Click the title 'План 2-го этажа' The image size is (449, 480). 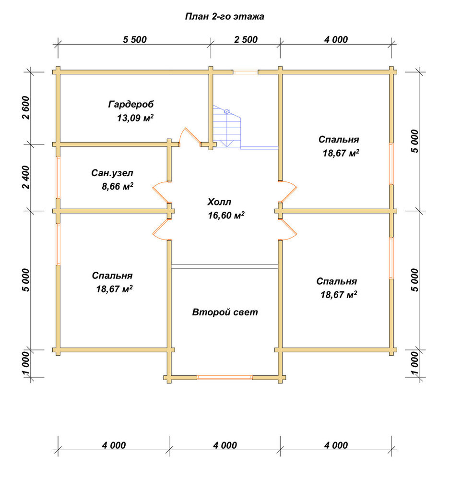224,16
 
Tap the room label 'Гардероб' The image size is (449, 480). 131,104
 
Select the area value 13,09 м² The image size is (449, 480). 135,118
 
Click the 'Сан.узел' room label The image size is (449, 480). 112,173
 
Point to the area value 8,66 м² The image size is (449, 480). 118,186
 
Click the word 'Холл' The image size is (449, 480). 219,202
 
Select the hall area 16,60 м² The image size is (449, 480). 226,216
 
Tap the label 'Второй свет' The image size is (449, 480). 225,312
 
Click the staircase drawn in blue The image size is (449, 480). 226,127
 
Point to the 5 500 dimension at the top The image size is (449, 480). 135,39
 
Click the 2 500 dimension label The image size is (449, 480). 246,39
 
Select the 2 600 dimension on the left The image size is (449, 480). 26,108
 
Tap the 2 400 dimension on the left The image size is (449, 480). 26,177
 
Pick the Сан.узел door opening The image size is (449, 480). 161,192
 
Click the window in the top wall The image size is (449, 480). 246,72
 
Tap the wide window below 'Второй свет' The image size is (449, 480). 225,377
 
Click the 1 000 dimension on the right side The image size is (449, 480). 414,363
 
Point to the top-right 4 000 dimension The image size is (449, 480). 336,39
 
